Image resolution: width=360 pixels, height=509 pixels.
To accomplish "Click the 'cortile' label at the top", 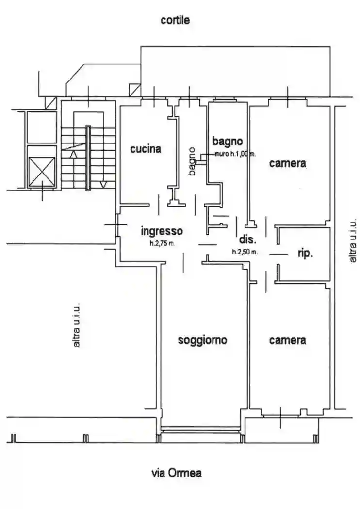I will (175, 20).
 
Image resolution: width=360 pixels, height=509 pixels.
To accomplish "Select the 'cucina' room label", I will (146, 149).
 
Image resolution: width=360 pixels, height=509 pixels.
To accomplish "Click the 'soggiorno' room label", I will (202, 340).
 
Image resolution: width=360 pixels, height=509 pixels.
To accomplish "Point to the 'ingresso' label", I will (162, 231).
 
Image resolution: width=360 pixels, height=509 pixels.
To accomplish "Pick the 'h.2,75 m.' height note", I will (162, 243).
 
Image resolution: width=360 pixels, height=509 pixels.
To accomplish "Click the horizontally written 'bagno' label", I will (227, 142).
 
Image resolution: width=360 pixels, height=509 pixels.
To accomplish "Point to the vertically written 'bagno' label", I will (192, 161).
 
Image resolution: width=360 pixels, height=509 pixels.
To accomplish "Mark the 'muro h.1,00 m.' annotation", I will (235, 154).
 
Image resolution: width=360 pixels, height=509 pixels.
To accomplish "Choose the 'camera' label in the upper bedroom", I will (288, 163).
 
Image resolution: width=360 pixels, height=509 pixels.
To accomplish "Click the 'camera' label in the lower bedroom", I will (288, 340).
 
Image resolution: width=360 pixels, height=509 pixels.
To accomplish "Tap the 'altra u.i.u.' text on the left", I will (76, 326).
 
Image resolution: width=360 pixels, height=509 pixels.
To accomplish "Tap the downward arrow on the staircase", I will (103, 184).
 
